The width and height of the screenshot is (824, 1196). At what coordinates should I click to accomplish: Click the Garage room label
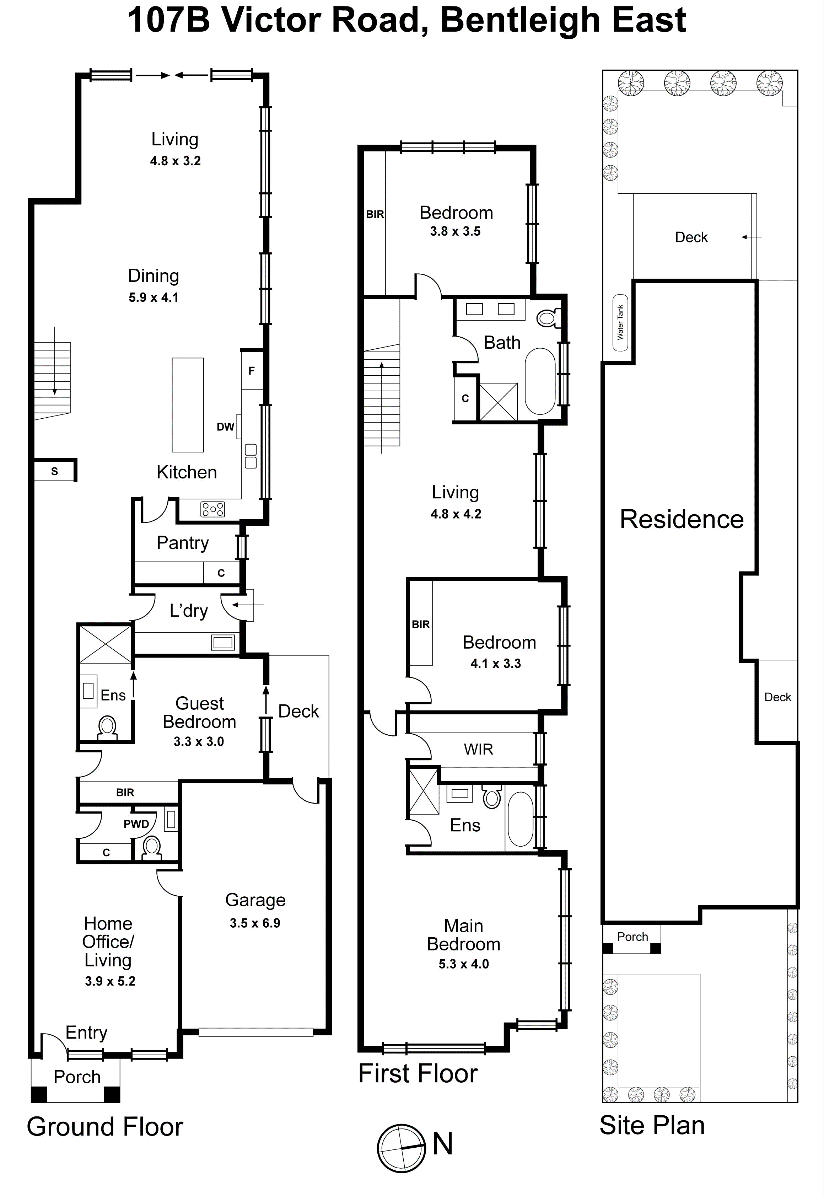click(255, 900)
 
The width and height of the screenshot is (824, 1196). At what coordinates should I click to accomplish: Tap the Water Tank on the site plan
click(620, 323)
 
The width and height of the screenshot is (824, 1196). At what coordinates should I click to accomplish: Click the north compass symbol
click(402, 1147)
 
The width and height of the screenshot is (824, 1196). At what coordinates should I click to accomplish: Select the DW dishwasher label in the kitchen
click(225, 427)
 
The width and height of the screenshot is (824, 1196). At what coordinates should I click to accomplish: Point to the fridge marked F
click(252, 370)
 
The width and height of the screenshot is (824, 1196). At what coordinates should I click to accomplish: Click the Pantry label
click(183, 543)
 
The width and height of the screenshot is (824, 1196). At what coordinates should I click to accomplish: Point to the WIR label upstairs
click(478, 749)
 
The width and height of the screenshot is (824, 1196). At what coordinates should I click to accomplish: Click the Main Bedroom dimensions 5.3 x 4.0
click(464, 964)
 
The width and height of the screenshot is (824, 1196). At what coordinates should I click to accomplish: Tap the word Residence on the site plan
click(682, 519)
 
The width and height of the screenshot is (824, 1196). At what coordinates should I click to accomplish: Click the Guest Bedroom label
click(199, 713)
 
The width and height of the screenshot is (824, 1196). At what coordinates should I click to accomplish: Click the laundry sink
click(222, 642)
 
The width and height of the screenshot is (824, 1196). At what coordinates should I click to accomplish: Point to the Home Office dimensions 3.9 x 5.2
click(110, 981)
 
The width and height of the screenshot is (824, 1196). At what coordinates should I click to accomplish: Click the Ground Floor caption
click(105, 1126)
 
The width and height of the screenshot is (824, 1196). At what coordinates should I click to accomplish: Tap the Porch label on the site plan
click(632, 936)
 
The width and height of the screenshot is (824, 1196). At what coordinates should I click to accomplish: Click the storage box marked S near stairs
click(54, 471)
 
